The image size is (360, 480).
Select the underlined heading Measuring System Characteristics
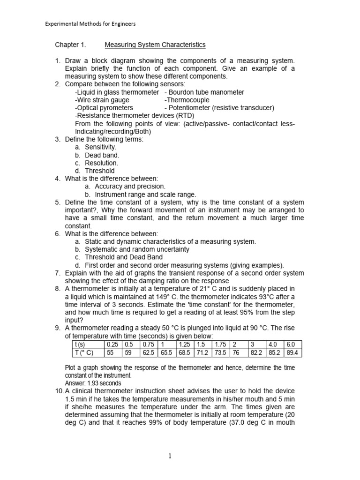[x=155, y=45]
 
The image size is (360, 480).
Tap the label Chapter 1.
[x=70, y=45]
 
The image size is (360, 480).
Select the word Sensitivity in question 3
[x=101, y=147]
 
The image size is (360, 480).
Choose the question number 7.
[x=58, y=273]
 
